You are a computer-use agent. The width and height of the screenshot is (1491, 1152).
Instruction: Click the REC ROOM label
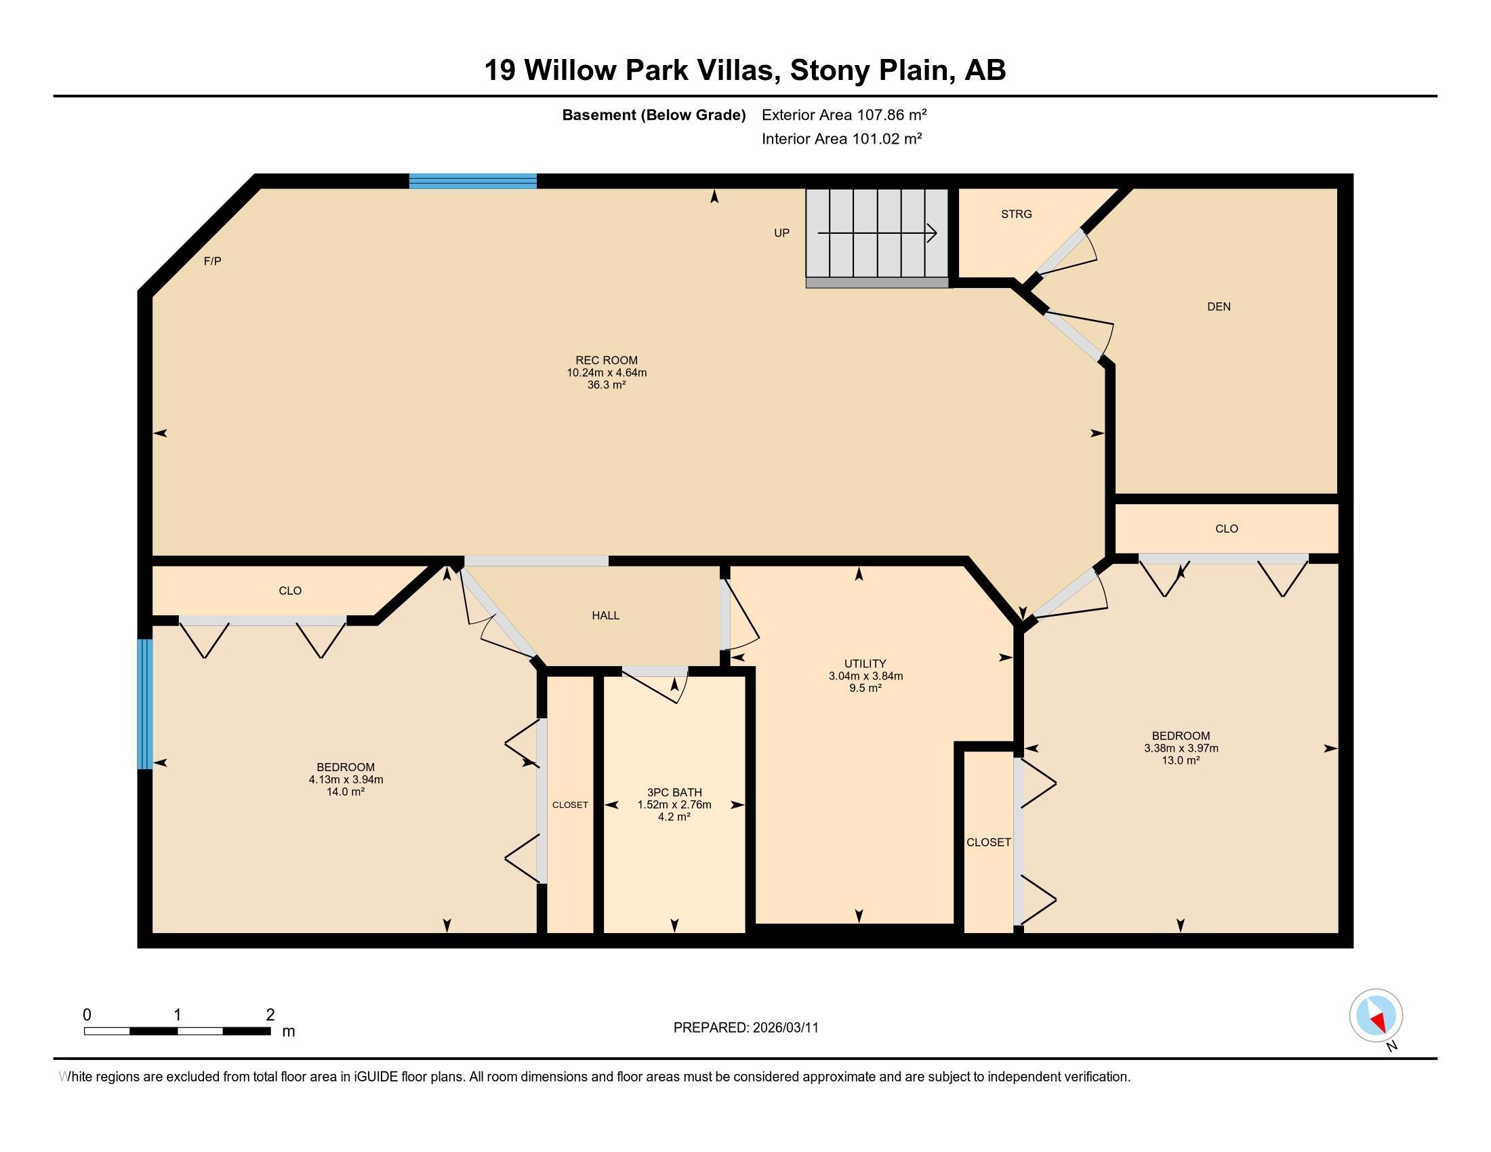coord(607,361)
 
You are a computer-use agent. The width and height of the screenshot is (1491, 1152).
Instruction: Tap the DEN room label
coord(1219,307)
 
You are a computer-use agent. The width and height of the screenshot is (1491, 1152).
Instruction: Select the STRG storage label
coord(1016,214)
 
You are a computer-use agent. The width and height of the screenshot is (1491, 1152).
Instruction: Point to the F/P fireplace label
coord(212,262)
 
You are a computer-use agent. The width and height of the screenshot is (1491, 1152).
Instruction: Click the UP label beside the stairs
coord(781,232)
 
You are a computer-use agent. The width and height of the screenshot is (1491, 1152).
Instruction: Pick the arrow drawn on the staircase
coord(877,233)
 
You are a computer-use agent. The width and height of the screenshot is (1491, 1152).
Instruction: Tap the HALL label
coord(605,615)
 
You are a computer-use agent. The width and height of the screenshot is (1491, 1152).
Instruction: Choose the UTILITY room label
coord(865,663)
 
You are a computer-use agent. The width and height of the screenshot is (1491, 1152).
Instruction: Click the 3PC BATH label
coord(674,792)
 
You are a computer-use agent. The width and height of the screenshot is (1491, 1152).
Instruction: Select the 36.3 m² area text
coord(607,385)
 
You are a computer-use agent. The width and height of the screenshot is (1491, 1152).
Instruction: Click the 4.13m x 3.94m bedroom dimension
coord(346,779)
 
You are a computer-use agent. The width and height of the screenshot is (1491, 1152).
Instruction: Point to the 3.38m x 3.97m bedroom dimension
coord(1181,748)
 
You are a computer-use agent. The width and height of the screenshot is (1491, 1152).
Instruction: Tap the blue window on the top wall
coord(472,181)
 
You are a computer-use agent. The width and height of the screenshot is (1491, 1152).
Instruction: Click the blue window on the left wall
coord(144,703)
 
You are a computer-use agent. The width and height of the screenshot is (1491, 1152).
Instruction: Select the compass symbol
coord(1376,1015)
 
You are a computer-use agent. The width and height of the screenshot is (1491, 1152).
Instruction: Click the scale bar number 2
coord(270,1015)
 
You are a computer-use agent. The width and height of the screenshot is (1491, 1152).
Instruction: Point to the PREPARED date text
coord(745,1027)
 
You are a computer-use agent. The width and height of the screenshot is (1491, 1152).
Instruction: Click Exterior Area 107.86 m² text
coord(844,115)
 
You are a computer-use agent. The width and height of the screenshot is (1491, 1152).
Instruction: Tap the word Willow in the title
coord(570,70)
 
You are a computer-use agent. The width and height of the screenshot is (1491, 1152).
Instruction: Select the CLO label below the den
coord(1226,529)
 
